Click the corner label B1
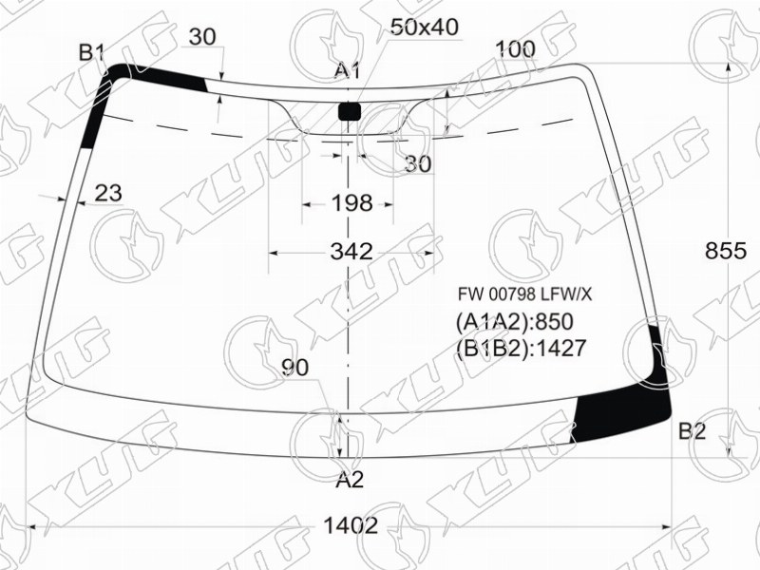tap(91, 52)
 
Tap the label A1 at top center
tap(348, 70)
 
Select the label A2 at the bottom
tap(350, 480)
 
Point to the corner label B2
tap(693, 430)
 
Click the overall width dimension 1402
tap(350, 525)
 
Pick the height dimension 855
tap(726, 251)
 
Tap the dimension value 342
tap(351, 252)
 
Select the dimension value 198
tap(351, 203)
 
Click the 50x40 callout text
tap(424, 28)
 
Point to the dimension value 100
tap(516, 49)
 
